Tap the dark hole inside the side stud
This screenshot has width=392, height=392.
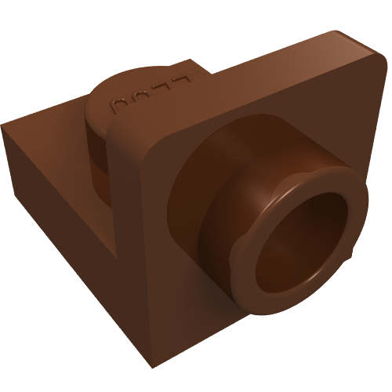[306, 235]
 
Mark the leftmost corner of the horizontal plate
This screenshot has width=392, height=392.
[3, 128]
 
